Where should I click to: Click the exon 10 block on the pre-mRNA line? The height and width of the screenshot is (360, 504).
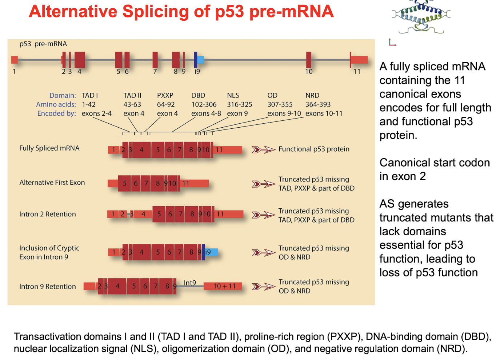point(309,60)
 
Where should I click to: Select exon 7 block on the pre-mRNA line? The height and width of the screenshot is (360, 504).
point(155,60)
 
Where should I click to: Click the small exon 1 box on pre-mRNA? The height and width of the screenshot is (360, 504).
point(15,60)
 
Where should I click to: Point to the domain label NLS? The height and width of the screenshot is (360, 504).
point(233,95)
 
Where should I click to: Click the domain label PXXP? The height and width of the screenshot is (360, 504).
point(165,95)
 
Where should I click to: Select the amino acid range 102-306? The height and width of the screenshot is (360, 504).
point(204,104)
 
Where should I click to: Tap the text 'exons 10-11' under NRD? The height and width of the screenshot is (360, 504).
point(324,113)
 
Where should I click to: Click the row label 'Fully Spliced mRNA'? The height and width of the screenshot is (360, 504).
point(49,148)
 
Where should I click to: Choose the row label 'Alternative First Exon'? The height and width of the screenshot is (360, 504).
point(52,183)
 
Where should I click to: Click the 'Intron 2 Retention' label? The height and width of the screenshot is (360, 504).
point(48,214)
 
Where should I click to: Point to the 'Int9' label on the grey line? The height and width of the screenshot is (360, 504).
point(190,283)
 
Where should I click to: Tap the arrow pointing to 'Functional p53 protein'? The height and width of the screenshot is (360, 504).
point(263,149)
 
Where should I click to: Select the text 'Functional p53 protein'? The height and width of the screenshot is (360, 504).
point(314,149)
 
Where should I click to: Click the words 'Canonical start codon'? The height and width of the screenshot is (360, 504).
point(435,163)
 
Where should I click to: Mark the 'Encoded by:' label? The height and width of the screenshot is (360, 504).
point(56,113)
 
